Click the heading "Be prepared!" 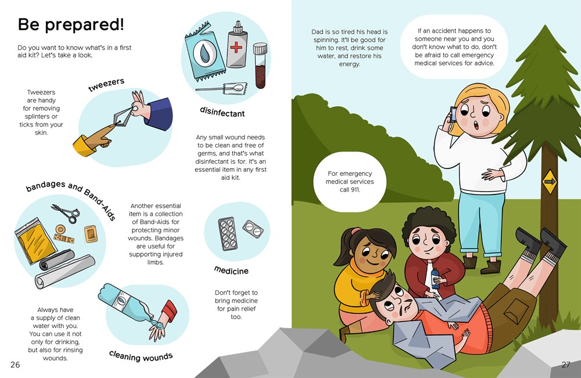point(71,25)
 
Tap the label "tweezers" point(106,84)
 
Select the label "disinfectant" point(223,112)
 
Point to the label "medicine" point(231,270)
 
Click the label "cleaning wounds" point(141,356)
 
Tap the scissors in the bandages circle point(66,213)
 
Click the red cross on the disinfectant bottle point(236,48)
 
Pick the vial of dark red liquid point(260,66)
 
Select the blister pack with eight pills point(227,234)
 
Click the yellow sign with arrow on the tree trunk point(550,181)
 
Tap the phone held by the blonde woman point(453,115)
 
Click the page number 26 point(15,365)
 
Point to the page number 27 point(566,365)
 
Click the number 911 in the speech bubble point(354,189)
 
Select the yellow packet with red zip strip point(35,240)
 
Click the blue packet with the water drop point(205,53)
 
